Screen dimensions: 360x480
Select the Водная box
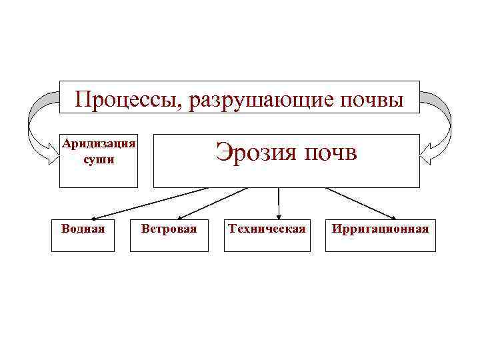[x=83, y=235]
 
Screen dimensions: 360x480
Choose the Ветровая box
[x=169, y=235]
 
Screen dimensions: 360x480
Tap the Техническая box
[x=267, y=235]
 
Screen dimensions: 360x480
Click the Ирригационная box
[x=380, y=235]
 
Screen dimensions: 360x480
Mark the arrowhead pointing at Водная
[x=94, y=217]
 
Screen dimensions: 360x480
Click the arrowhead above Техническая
[x=279, y=215]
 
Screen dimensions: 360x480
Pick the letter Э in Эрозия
[x=223, y=153]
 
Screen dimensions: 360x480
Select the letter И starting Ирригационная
[x=335, y=229]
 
